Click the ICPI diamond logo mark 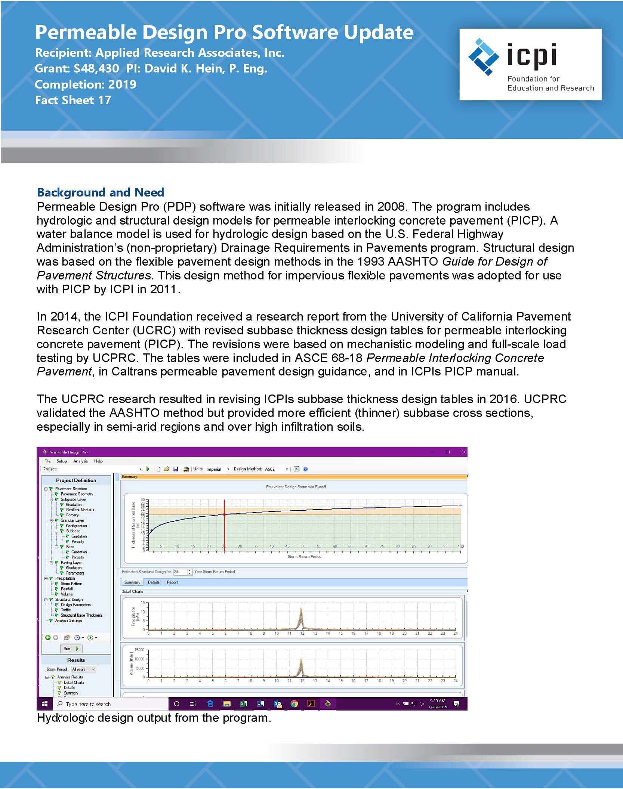point(484,57)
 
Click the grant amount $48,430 point(96,68)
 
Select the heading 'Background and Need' point(100,192)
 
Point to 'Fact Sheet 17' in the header point(73,100)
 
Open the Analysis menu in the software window point(80,461)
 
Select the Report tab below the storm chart point(172,582)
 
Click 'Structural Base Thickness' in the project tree point(81,615)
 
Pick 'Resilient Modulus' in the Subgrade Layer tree point(80,510)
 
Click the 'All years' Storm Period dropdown point(83,669)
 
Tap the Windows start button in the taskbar point(45,704)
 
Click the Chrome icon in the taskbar point(294,704)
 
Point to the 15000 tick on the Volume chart point(139,650)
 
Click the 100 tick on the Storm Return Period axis point(460,546)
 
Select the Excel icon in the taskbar point(244,704)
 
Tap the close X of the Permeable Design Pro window point(463,452)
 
